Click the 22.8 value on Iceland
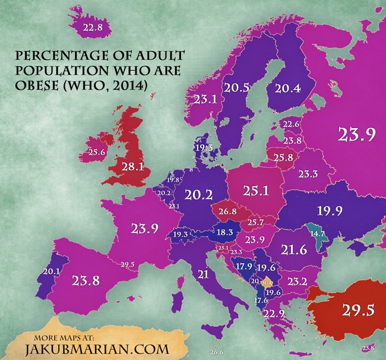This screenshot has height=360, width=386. (x=93, y=27)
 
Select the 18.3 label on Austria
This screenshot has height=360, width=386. (x=224, y=233)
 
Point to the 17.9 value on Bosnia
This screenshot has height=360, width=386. (x=244, y=267)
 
